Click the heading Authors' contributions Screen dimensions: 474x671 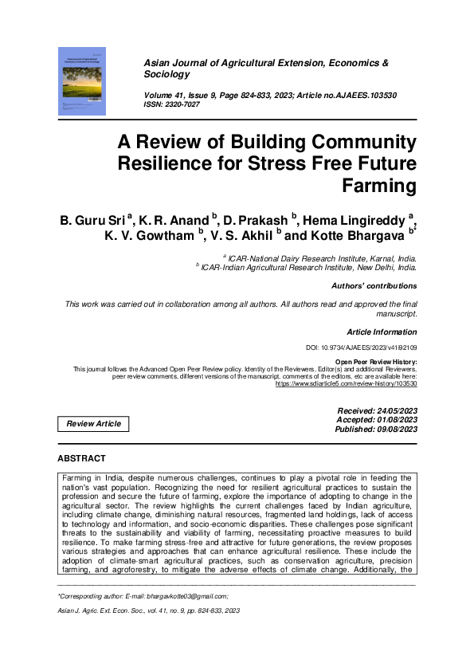click(x=374, y=285)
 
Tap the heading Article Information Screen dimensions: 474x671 click(x=382, y=331)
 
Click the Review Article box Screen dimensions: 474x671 click(x=94, y=423)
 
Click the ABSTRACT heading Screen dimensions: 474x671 click(x=81, y=459)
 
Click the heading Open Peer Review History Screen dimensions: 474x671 click(x=375, y=362)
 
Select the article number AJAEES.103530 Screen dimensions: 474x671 click(x=375, y=96)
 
